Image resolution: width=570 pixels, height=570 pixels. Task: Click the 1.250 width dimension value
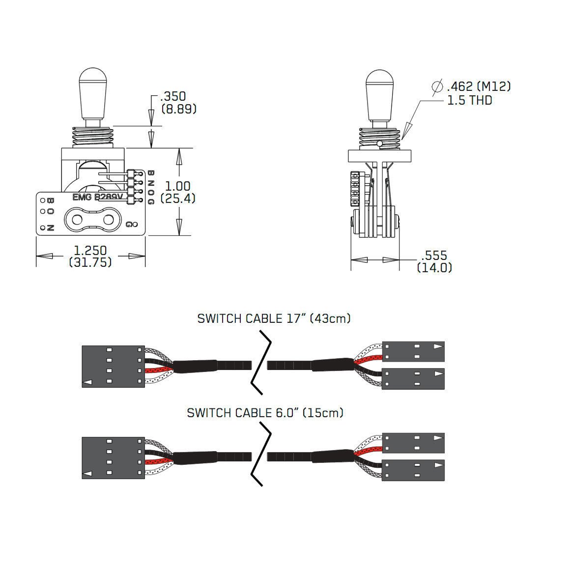pos(91,251)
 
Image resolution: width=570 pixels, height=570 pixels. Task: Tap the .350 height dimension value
pos(175,97)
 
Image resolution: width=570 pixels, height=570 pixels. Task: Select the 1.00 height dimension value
pos(177,186)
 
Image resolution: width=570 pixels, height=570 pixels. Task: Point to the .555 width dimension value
pos(434,256)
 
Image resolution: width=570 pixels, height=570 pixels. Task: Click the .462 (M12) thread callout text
pos(478,87)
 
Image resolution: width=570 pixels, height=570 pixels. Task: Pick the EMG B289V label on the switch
pos(96,198)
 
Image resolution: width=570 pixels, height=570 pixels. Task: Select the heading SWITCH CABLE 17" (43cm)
pos(274,318)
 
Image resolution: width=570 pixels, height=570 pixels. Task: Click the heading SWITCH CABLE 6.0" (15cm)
pos(265,413)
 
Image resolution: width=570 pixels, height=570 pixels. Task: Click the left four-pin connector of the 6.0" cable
pos(114,458)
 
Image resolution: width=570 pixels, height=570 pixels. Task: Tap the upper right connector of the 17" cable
pos(413,352)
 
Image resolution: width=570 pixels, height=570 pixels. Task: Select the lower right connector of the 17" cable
pos(413,378)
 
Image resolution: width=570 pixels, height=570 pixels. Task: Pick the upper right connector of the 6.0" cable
pos(413,443)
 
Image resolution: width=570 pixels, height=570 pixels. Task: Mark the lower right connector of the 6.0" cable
pos(413,470)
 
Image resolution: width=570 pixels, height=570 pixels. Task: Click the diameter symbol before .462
pos(437,86)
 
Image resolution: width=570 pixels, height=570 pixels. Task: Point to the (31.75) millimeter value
pos(90,262)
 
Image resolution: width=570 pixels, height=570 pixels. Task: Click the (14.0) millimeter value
pos(434,268)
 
